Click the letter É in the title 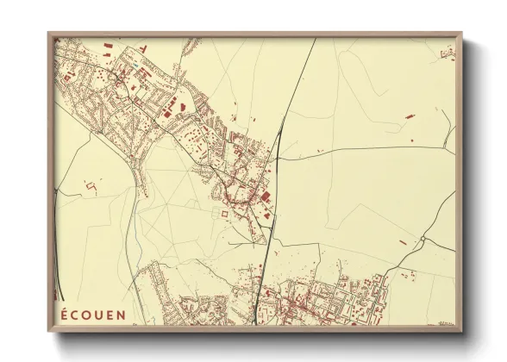coord(63,314)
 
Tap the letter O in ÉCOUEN coord(88,314)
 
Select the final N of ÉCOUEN coord(120,314)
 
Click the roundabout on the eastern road coord(421,239)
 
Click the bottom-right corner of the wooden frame coord(462,332)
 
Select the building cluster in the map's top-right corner coord(448,53)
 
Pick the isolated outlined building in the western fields coord(91,184)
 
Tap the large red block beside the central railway coord(265,197)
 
